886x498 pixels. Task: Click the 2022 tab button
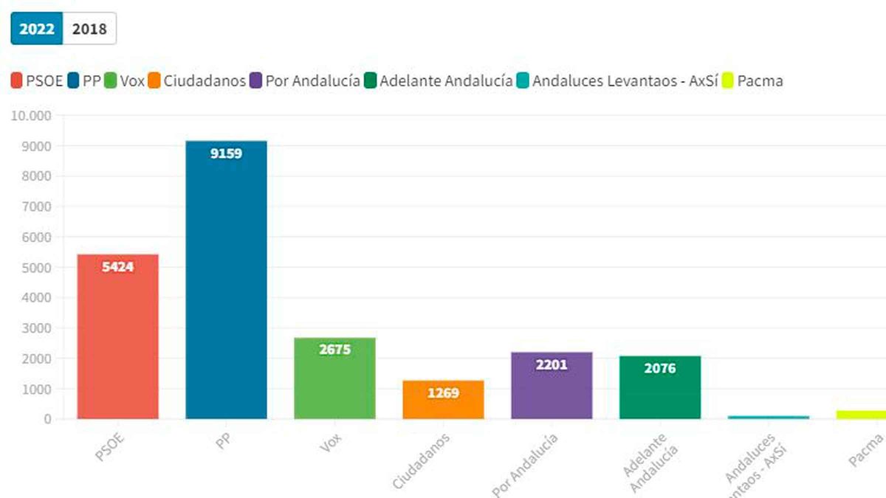[x=37, y=30]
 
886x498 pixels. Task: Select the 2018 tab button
[x=89, y=30]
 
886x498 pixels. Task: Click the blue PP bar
[x=226, y=280]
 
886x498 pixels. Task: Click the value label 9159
[x=226, y=154]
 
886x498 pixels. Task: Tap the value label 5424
[x=118, y=267]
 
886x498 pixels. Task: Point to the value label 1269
[x=443, y=393]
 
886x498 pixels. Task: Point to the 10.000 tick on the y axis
[x=31, y=116]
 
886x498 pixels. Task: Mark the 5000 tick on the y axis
[x=37, y=268]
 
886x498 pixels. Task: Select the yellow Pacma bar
[x=861, y=415]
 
